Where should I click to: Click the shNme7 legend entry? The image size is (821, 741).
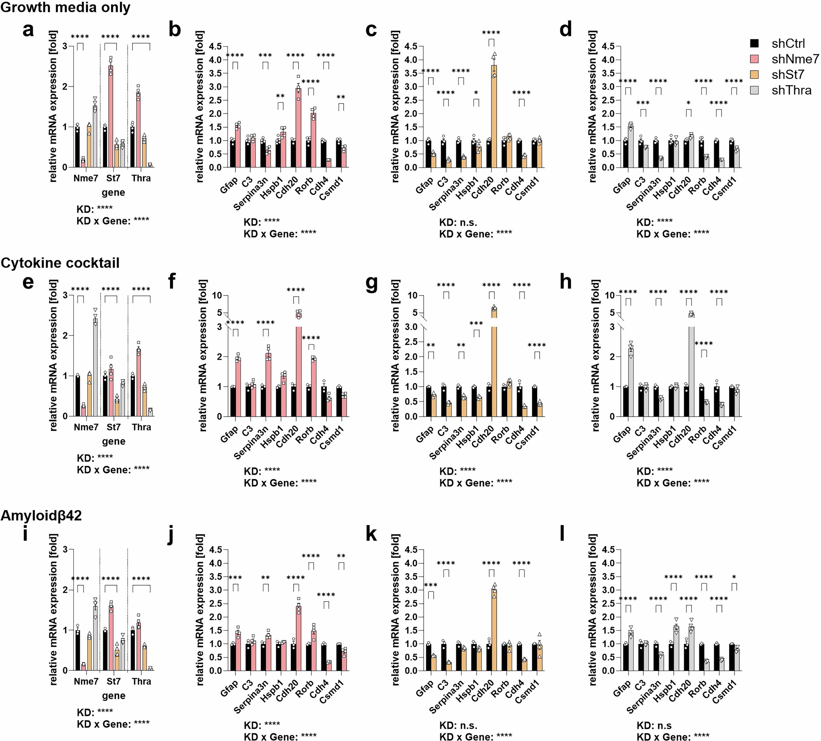[x=794, y=59]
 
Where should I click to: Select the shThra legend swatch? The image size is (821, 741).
[x=754, y=90]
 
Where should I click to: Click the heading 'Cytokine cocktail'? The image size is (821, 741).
[x=60, y=263]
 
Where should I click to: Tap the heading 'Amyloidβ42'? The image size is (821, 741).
[x=41, y=515]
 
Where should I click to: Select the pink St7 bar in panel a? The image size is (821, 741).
[x=110, y=116]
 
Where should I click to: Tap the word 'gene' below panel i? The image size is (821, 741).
[x=114, y=695]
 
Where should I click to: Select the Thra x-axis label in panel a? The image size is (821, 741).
[x=141, y=178]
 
